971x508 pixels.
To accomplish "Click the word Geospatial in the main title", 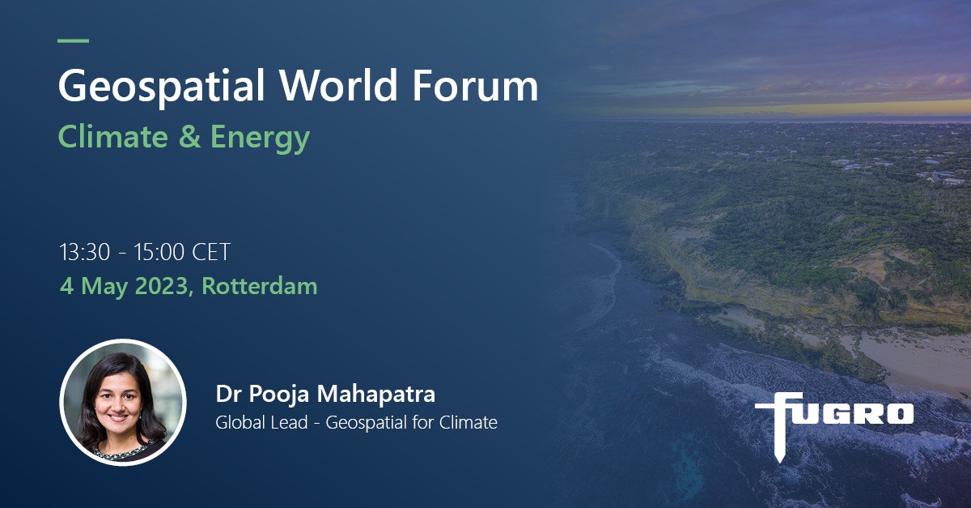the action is (x=161, y=87).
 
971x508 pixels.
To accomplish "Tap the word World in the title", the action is (x=338, y=85).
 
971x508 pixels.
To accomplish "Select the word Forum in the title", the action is (x=475, y=86).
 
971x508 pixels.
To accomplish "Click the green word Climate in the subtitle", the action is (x=112, y=136).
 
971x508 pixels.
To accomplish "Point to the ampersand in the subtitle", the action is (x=190, y=137).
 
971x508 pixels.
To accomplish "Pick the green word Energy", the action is (x=260, y=139).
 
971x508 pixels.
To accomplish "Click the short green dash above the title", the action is (x=74, y=41).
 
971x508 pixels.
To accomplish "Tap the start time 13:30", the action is (x=84, y=252).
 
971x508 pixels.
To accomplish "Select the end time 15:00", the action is (x=159, y=252).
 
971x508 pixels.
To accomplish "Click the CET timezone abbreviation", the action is (x=211, y=252).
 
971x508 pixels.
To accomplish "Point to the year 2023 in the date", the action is (x=161, y=286).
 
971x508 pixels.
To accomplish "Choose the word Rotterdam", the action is (x=259, y=286).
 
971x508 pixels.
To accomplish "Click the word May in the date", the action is (x=104, y=288).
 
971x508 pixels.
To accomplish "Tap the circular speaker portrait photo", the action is (x=123, y=402).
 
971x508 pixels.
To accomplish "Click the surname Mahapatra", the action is (x=375, y=394).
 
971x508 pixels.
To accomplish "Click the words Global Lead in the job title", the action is (x=261, y=422).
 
